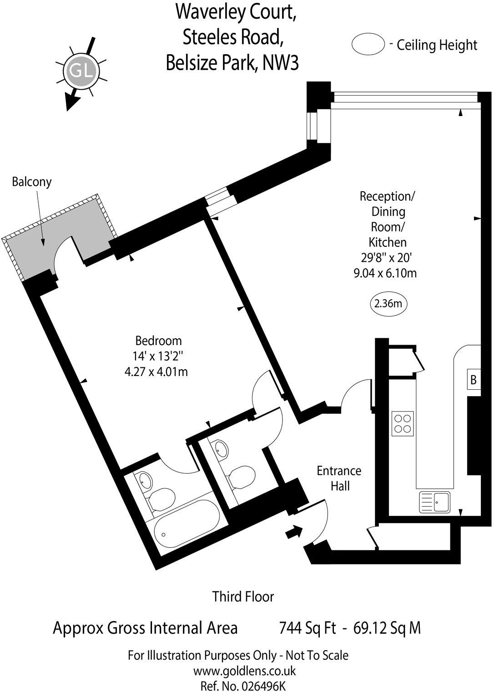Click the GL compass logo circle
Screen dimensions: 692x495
[80, 71]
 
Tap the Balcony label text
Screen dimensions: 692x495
[32, 182]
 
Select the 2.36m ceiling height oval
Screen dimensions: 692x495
[388, 303]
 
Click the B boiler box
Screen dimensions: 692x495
[473, 379]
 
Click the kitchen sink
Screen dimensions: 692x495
[435, 503]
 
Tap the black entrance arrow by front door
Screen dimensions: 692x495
[293, 531]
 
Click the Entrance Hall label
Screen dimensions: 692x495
[339, 478]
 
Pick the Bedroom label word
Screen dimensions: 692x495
[158, 341]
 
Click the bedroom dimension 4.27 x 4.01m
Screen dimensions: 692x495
[156, 372]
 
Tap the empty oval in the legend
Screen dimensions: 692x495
[368, 44]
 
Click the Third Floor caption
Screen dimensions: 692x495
[243, 596]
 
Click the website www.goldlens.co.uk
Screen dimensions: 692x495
[244, 671]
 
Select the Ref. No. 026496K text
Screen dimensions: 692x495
[243, 686]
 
